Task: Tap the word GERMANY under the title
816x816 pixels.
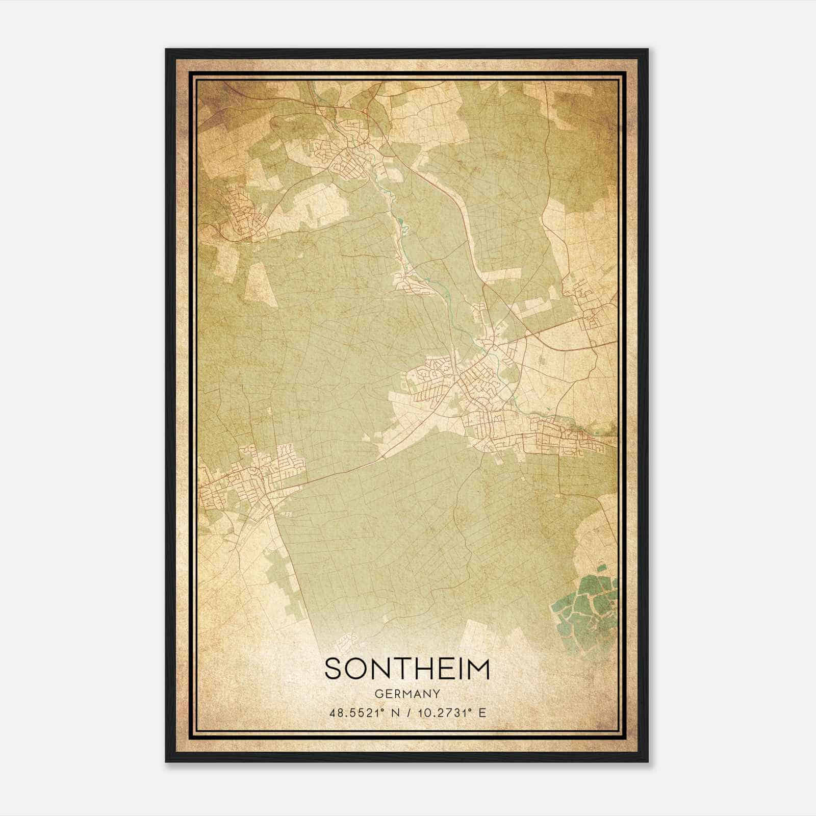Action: point(407,694)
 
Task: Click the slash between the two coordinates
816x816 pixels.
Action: point(410,713)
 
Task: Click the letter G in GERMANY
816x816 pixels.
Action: point(378,694)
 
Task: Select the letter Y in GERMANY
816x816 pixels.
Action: point(437,694)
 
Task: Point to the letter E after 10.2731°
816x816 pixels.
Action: point(482,713)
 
